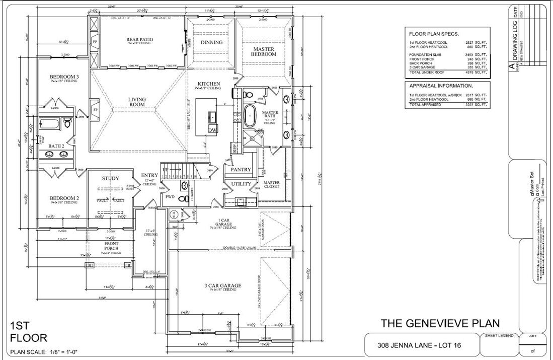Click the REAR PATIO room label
[x=139, y=39]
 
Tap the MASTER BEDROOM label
[x=264, y=51]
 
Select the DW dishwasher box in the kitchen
[x=213, y=130]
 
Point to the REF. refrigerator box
[x=234, y=149]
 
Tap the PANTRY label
[x=241, y=170]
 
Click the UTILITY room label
[x=241, y=184]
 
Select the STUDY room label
[x=110, y=178]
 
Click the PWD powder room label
[x=170, y=197]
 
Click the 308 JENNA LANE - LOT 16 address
[x=419, y=346]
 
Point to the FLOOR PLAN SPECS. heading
[x=433, y=34]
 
